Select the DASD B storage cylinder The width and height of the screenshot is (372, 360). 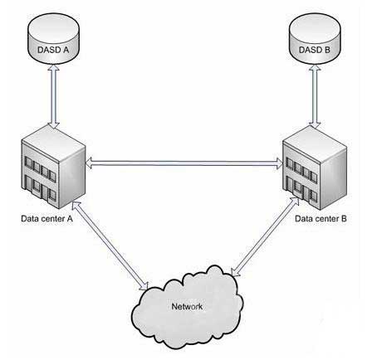click(315, 38)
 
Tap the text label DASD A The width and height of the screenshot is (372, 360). click(53, 50)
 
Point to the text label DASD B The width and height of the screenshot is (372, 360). click(315, 50)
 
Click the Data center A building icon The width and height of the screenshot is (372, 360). click(53, 167)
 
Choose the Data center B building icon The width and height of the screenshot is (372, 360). click(315, 168)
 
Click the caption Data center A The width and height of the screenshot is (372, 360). click(46, 219)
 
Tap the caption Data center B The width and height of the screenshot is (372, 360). click(321, 219)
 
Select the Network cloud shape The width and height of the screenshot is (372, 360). click(188, 306)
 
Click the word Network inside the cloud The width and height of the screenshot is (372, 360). click(187, 307)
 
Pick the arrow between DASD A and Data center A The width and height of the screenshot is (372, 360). click(53, 96)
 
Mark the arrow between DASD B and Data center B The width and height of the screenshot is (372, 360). click(315, 96)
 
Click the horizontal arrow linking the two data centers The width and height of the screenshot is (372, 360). click(184, 163)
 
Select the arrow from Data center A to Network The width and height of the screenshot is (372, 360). click(110, 246)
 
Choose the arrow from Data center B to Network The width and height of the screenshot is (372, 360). click(265, 237)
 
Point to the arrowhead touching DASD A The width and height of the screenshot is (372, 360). click(53, 68)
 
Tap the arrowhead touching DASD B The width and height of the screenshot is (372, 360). click(315, 68)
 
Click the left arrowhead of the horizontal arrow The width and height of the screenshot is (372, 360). click(89, 163)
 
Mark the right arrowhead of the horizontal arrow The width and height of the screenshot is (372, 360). click(279, 163)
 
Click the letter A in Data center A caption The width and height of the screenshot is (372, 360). click(70, 218)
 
